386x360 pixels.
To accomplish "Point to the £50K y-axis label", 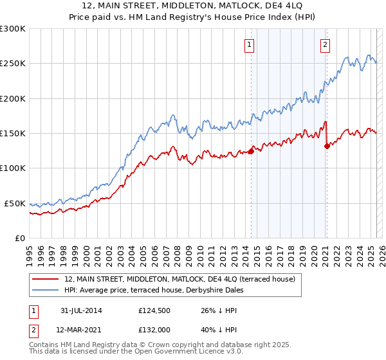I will tap(15, 203).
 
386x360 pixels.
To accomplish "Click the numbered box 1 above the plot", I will tap(249, 44).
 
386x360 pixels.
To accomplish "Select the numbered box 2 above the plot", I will tap(326, 44).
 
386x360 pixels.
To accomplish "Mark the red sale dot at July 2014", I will tap(251, 152).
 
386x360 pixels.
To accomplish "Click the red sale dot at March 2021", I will tap(327, 146).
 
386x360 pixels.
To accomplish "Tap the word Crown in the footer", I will tap(160, 345).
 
